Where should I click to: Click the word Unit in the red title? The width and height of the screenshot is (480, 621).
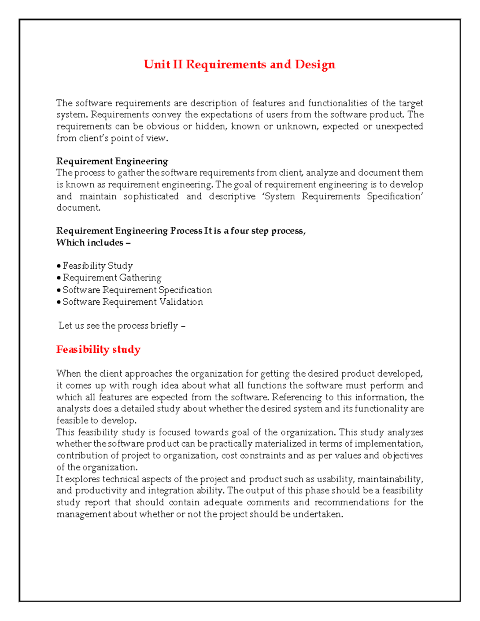(157, 64)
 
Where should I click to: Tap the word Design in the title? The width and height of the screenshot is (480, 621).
(315, 64)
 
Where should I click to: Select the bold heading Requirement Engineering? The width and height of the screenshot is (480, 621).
(112, 161)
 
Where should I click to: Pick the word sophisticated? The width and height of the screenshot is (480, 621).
(151, 196)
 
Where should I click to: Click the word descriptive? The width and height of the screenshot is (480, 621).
(232, 196)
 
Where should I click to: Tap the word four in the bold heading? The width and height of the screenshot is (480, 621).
(240, 231)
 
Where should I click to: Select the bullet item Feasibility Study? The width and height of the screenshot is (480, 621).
(98, 266)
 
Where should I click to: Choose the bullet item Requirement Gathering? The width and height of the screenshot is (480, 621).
(112, 278)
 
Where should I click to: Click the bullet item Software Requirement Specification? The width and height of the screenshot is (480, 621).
(137, 290)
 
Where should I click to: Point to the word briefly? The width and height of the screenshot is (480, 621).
(164, 325)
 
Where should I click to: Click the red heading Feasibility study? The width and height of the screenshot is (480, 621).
(98, 349)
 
